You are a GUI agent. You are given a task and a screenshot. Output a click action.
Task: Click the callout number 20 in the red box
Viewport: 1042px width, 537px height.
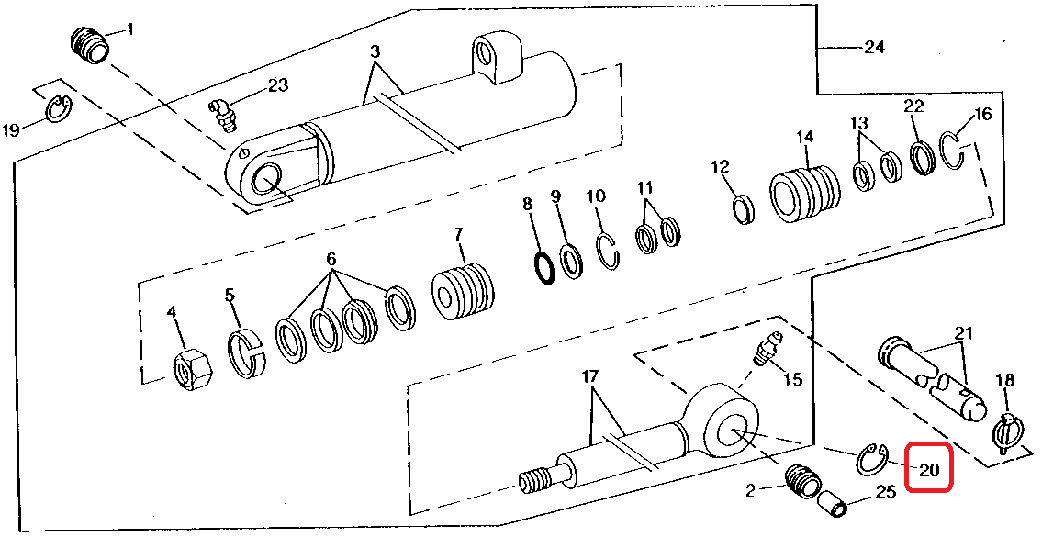929,471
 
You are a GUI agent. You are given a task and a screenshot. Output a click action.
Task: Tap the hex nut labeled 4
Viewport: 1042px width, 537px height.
192,370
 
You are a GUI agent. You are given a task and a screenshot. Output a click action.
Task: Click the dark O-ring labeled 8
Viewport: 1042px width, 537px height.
544,267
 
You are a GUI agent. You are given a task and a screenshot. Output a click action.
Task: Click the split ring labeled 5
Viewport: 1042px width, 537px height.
246,352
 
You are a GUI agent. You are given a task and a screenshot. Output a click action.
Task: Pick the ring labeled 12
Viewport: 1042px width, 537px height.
743,208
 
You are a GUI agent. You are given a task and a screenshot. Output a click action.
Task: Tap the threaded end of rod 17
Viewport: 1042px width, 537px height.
534,479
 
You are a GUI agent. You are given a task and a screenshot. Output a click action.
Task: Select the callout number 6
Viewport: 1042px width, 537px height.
331,260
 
